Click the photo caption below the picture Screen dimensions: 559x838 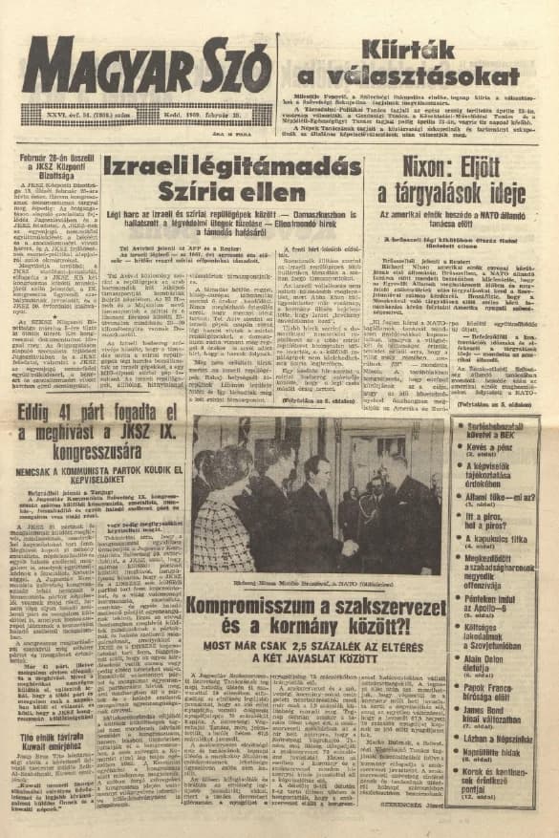point(315,579)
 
